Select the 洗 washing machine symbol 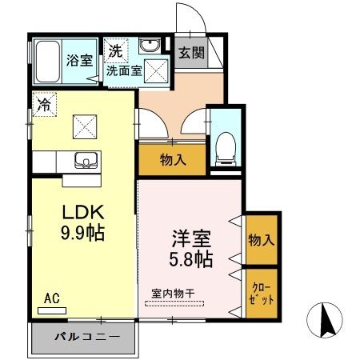tap(115, 50)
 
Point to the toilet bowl tap(223, 145)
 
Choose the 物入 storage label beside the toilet tap(173, 160)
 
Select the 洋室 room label tap(190, 238)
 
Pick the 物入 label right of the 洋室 tap(262, 238)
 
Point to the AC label tap(53, 299)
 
